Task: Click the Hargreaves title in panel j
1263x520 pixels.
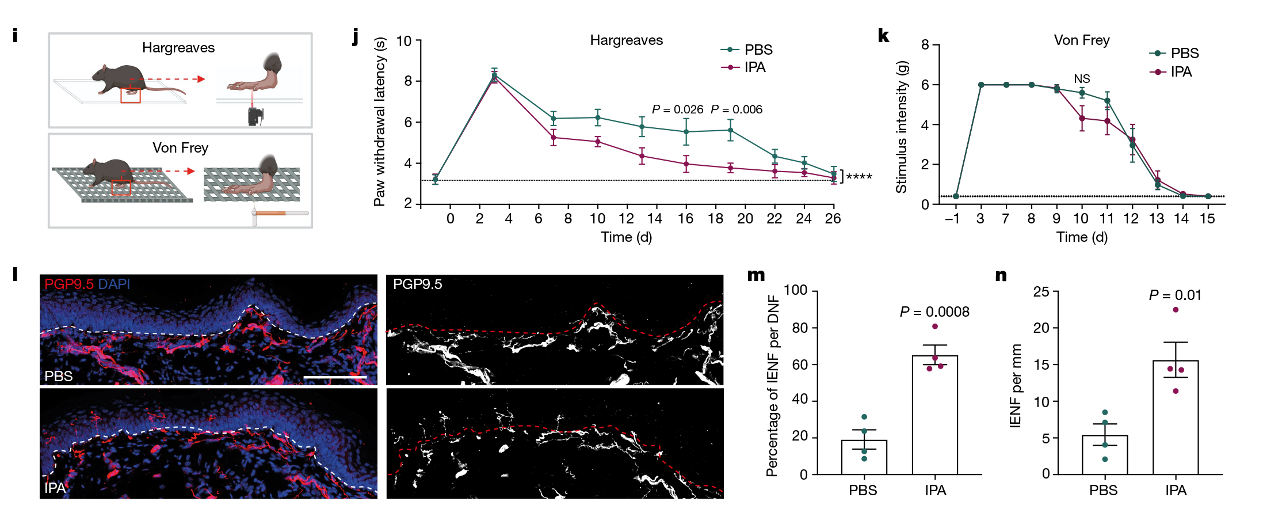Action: coord(626,40)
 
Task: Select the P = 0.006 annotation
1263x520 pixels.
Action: coord(736,109)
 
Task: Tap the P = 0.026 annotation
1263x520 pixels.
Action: coord(677,109)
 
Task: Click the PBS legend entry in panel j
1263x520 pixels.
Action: coord(758,50)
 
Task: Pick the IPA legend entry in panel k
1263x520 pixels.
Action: coord(1181,72)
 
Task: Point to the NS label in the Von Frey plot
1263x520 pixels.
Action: coord(1082,79)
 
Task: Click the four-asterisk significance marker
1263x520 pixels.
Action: coord(859,177)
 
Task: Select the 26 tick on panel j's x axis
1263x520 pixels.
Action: coord(833,219)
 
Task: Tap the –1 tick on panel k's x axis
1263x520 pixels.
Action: coord(952,219)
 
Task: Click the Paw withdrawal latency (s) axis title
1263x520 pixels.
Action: coord(379,122)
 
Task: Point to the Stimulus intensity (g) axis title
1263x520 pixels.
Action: coord(901,127)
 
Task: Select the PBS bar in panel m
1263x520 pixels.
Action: coord(864,457)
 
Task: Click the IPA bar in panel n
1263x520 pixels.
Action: coord(1175,417)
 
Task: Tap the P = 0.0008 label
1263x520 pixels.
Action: coord(934,312)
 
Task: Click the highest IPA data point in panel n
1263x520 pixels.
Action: coord(1176,310)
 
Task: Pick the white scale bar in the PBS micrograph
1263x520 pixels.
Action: coord(335,378)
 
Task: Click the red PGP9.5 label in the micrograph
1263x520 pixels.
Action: coord(68,284)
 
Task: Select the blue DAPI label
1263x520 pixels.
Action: coord(114,284)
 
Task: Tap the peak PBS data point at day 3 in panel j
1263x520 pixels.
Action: coord(494,75)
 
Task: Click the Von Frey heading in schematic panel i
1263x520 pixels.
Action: coord(180,148)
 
